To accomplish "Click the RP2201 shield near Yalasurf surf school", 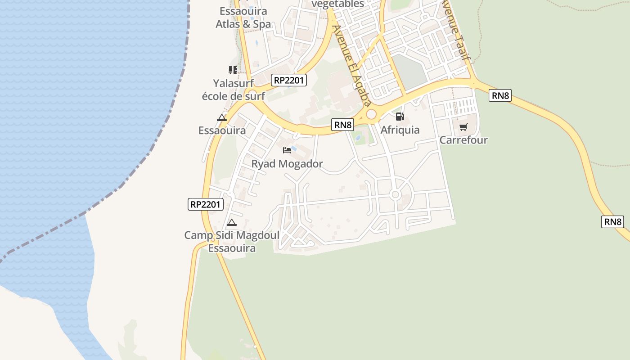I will pos(289,81).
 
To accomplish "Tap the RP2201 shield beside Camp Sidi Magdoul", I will pos(205,204).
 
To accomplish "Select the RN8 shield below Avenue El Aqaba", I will pos(342,125).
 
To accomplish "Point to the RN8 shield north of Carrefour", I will pos(500,95).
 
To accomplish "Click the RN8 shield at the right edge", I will pos(612,221).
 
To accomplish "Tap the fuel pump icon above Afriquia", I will pos(400,117).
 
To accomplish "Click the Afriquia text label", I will pos(400,130).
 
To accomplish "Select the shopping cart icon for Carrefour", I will pos(463,127).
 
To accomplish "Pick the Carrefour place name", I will pos(463,140).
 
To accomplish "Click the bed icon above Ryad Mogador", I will pos(287,150).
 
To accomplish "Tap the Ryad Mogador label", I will pos(287,164).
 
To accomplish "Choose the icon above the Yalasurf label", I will pos(233,70).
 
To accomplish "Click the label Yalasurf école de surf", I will pos(233,89).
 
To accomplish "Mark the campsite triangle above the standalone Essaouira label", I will pos(222,118).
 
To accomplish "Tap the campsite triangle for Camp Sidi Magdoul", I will pos(231,222).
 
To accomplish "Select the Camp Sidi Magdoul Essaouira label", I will pos(232,242).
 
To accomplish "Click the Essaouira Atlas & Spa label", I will pos(243,18).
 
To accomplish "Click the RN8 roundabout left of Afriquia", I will pos(371,115).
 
